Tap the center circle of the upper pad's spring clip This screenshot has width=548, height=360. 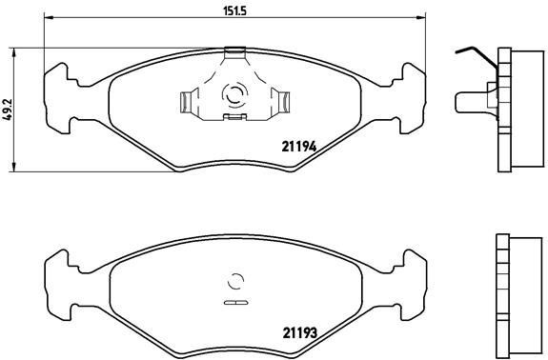(x=233, y=94)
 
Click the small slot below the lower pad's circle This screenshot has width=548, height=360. (x=233, y=303)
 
